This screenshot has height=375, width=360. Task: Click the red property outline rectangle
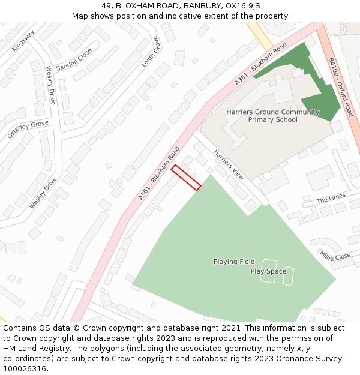(185, 178)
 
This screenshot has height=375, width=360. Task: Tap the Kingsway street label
(23, 40)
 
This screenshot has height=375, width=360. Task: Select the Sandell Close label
(74, 60)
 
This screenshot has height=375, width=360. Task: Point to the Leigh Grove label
(151, 52)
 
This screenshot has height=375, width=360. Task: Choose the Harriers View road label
(229, 164)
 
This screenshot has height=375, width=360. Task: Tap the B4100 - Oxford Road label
(340, 87)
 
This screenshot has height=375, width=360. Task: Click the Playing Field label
(234, 262)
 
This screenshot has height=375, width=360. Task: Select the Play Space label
(268, 271)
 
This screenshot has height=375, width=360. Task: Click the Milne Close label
(335, 256)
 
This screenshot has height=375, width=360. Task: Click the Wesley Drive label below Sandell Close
(50, 85)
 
